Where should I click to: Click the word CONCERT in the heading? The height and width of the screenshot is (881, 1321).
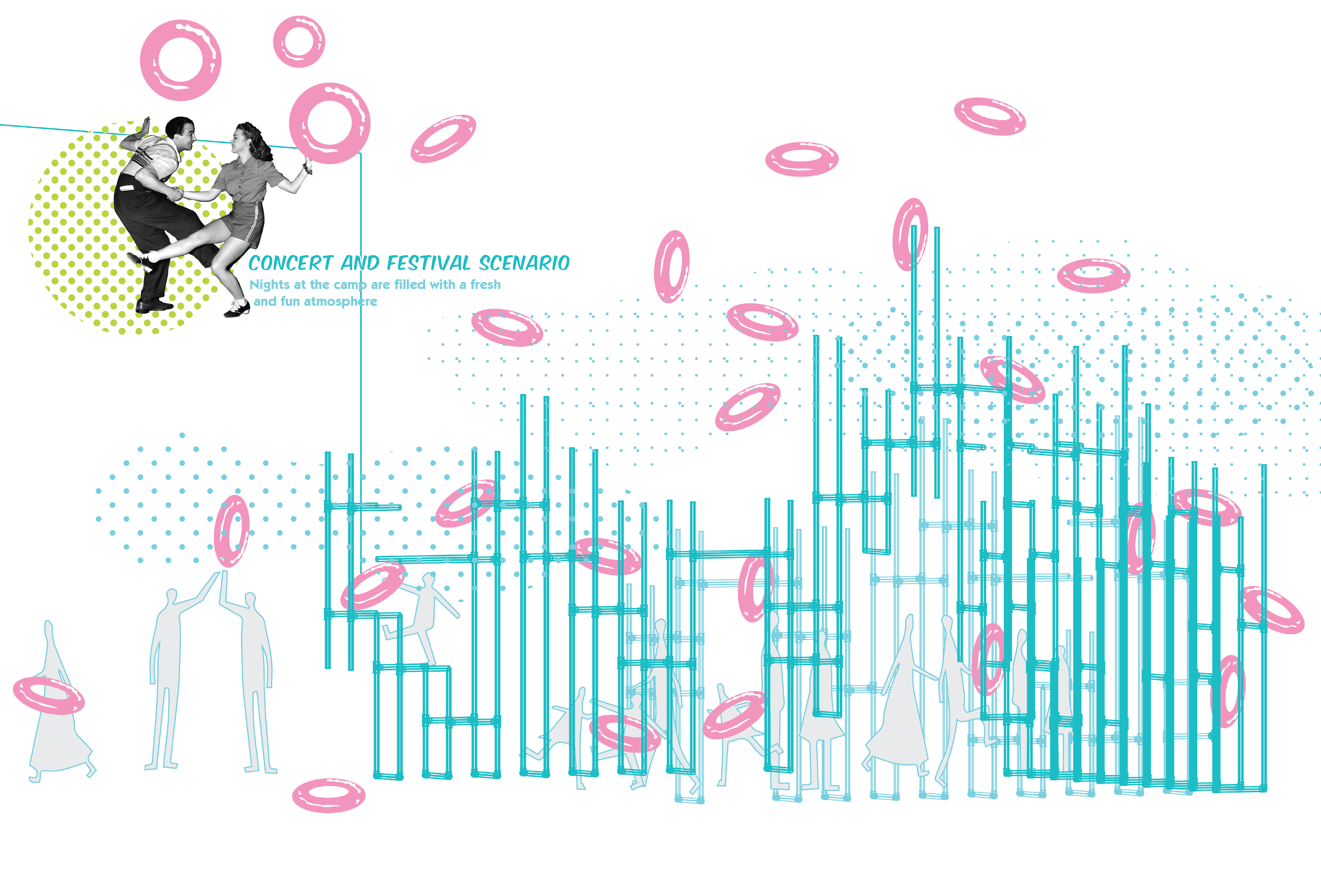point(291,263)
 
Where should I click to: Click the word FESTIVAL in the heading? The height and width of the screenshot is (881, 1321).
point(428,263)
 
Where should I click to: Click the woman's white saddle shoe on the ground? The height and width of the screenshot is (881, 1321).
point(238,308)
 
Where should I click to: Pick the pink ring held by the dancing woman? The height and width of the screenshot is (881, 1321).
point(330,123)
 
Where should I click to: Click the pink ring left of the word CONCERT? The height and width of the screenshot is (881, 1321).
point(180,60)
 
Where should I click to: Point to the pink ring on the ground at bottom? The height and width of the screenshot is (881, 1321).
point(328,795)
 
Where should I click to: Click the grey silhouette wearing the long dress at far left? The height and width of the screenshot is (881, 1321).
point(56,725)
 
